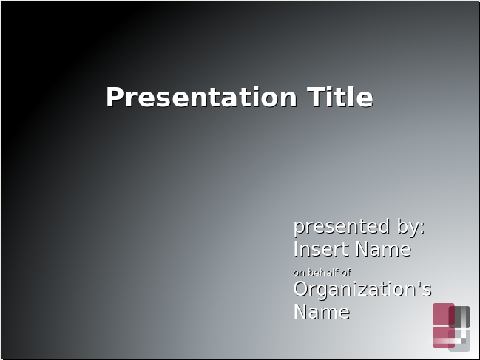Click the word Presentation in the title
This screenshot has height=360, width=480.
201,97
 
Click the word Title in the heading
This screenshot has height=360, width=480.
340,97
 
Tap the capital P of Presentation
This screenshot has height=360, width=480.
114,97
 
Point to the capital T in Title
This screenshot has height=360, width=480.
316,97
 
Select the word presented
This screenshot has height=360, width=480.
342,227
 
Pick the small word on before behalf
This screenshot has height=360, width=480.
299,273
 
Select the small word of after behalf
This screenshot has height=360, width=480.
346,273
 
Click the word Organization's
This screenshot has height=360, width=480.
362,289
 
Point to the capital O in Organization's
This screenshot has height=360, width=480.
300,289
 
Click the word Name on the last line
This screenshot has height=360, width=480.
322,312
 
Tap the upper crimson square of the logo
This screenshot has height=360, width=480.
444,314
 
